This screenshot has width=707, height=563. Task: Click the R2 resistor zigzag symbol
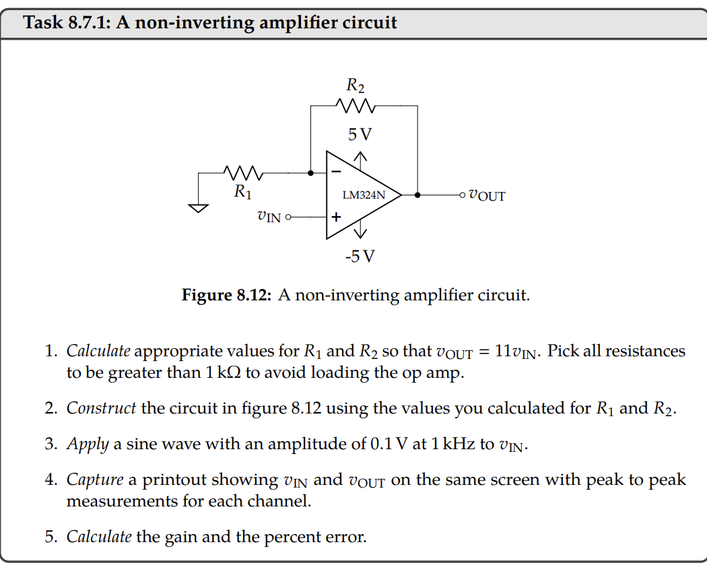[x=355, y=106]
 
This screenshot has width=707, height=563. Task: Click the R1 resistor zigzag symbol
[x=243, y=173]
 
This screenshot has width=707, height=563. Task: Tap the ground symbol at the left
[x=199, y=207]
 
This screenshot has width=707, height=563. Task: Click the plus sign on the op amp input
[x=335, y=218]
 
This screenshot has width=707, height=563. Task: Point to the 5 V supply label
[x=360, y=134]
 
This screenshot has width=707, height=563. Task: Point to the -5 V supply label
[x=360, y=257]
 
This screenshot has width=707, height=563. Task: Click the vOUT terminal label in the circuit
[x=486, y=196]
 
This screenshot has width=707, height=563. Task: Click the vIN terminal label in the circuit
[x=269, y=217]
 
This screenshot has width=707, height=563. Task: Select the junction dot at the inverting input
[x=310, y=173]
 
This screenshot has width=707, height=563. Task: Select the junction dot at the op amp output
[x=417, y=195]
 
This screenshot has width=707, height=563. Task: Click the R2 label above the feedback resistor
[x=356, y=85]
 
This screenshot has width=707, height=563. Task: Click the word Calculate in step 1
[x=98, y=351]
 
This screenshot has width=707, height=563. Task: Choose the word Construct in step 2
[x=101, y=409]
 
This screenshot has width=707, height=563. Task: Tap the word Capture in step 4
[x=95, y=479]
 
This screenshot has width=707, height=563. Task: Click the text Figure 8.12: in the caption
[x=226, y=295]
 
